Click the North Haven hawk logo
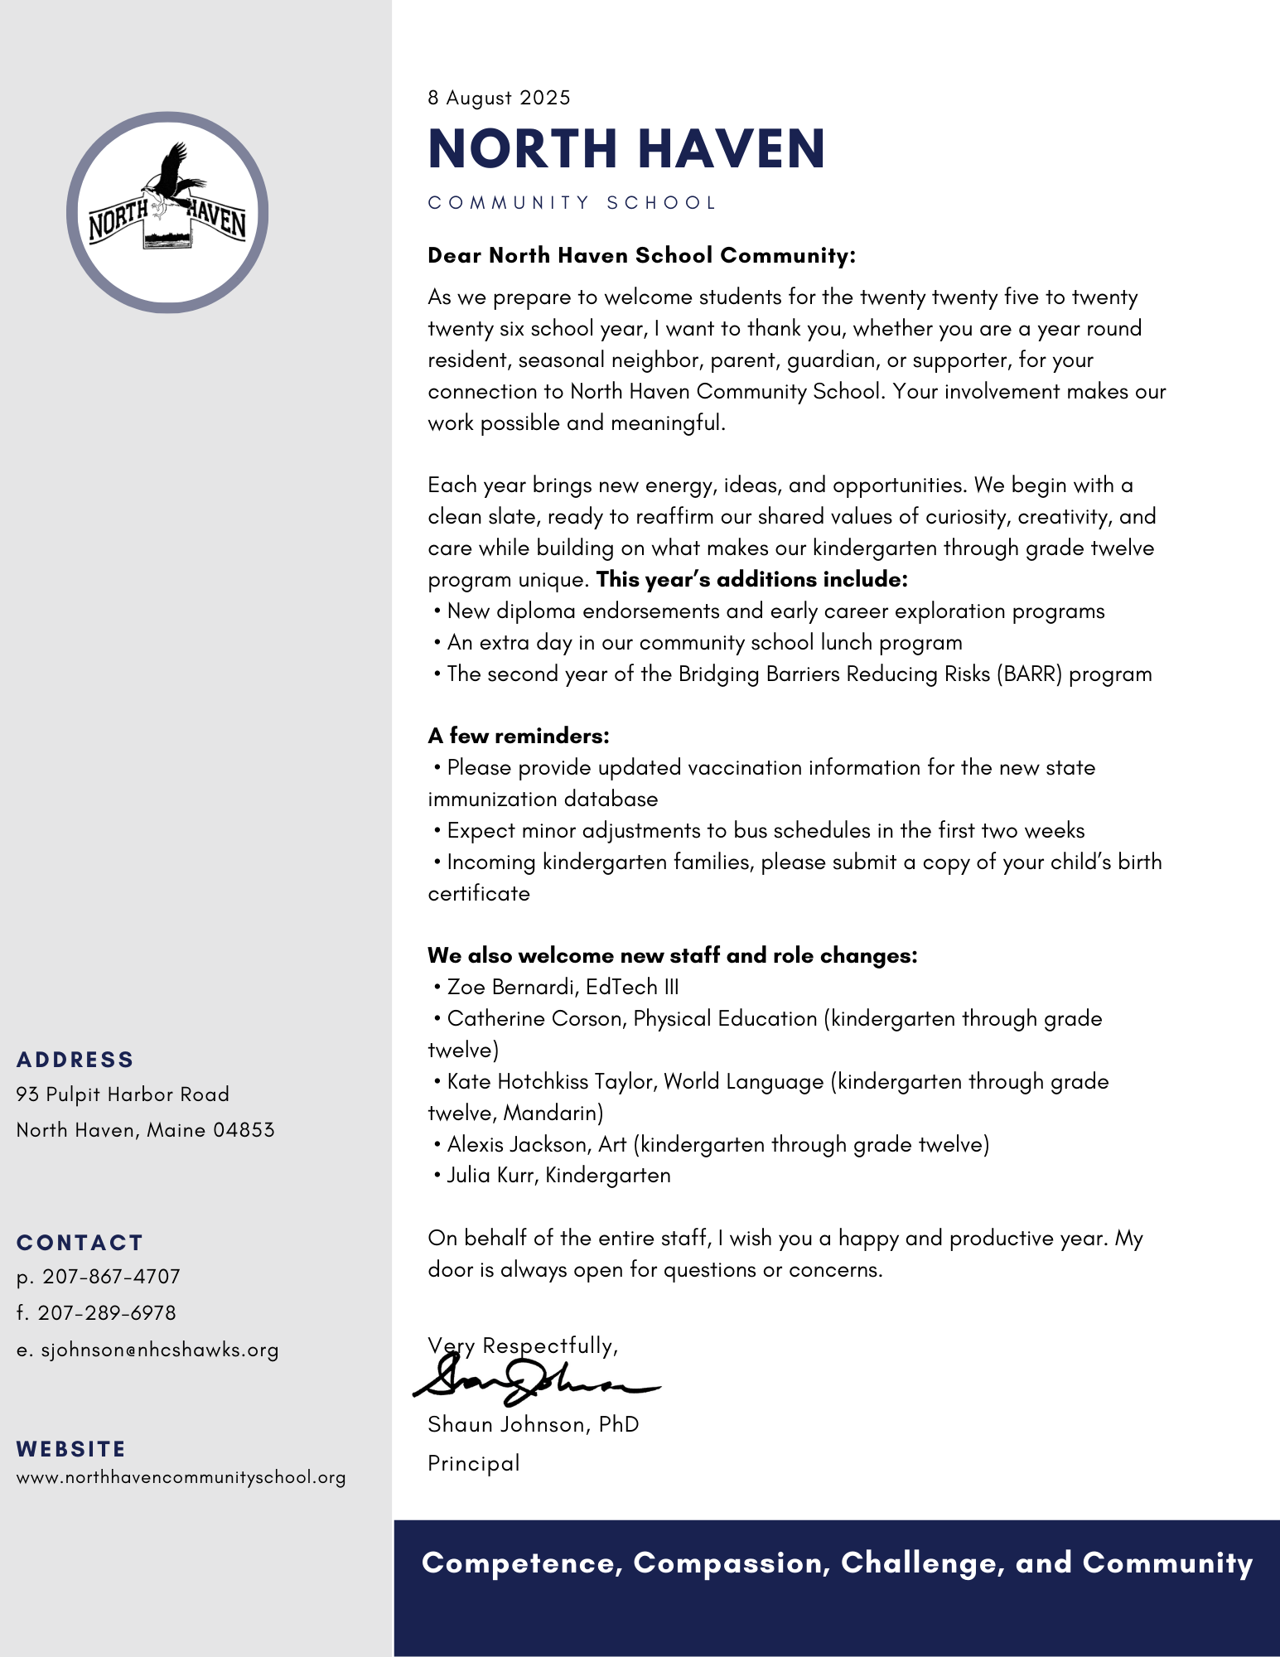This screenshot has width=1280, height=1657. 167,213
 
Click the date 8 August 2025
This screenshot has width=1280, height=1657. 499,98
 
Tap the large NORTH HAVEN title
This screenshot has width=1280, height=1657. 626,149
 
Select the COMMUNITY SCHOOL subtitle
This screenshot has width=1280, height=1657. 572,203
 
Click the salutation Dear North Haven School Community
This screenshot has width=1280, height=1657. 641,255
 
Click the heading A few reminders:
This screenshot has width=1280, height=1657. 519,736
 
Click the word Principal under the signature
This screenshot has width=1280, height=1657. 474,1463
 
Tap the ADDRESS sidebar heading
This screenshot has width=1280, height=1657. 75,1060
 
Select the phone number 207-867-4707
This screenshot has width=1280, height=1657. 112,1277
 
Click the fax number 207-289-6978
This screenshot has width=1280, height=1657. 107,1313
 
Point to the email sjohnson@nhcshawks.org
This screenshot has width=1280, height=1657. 160,1350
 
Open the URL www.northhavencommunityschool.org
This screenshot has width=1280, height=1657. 181,1477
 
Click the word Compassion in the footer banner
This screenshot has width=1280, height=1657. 732,1563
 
